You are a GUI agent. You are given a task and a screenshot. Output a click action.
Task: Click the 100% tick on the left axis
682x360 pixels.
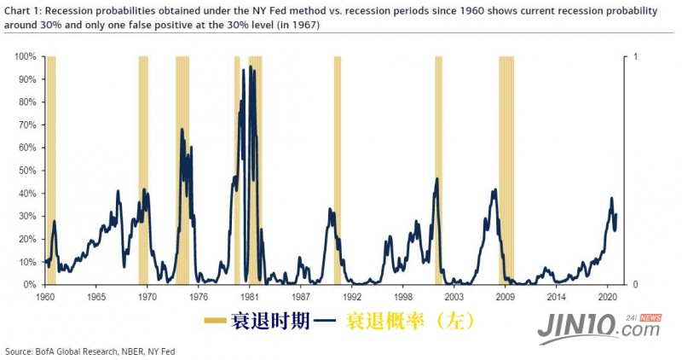[25, 56]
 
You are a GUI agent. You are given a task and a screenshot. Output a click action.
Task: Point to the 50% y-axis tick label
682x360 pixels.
[26, 171]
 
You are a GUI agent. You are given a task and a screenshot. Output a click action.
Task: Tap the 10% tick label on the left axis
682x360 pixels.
[26, 262]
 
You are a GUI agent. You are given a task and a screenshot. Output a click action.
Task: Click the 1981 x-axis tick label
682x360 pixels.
[249, 297]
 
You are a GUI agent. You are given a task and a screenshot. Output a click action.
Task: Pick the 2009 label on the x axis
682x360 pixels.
[506, 297]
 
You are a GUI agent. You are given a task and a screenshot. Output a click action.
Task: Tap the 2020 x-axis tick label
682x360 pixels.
[608, 297]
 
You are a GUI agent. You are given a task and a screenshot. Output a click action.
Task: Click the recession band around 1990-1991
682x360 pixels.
[337, 171]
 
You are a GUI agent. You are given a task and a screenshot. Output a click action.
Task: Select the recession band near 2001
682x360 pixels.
[438, 171]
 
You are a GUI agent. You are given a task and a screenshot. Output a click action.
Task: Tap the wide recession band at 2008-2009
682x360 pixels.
[506, 171]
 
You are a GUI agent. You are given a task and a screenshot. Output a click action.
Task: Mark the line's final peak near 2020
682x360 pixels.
[611, 198]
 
